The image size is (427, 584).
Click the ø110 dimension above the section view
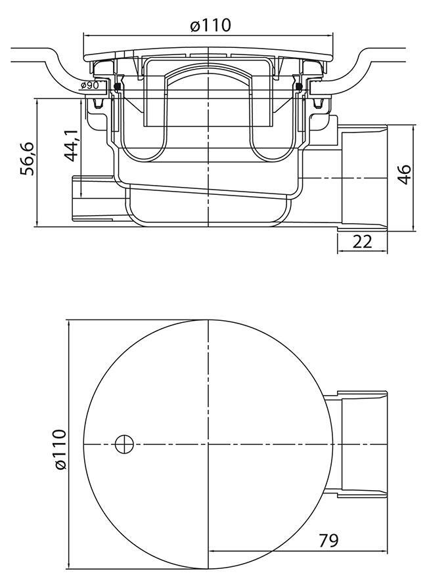click(210, 26)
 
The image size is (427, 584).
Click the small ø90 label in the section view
click(90, 86)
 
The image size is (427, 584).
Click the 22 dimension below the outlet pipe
click(362, 241)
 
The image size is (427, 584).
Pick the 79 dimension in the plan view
click(328, 541)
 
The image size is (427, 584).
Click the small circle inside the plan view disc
click(124, 445)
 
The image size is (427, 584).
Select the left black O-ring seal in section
click(118, 86)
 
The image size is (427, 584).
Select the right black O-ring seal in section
click(299, 86)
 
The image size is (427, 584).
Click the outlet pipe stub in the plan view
click(363, 444)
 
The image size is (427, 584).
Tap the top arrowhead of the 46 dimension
click(415, 127)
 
